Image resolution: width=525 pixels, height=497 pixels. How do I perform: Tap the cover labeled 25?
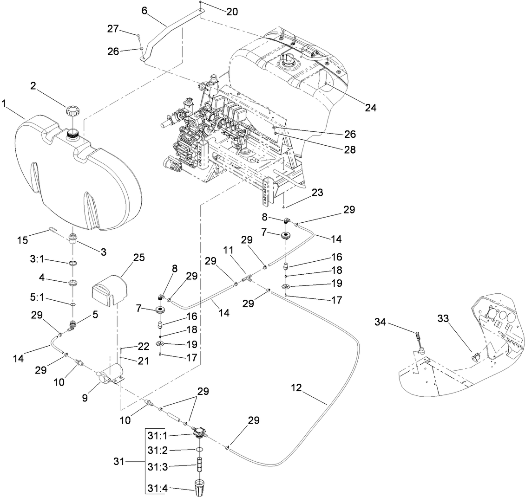[108, 288]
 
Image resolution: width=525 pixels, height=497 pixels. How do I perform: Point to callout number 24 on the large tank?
[370, 108]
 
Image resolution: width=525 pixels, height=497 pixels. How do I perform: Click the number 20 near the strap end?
[232, 12]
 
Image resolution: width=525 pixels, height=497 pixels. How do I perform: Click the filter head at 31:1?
[199, 434]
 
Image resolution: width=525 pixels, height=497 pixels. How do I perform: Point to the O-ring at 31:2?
[199, 450]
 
